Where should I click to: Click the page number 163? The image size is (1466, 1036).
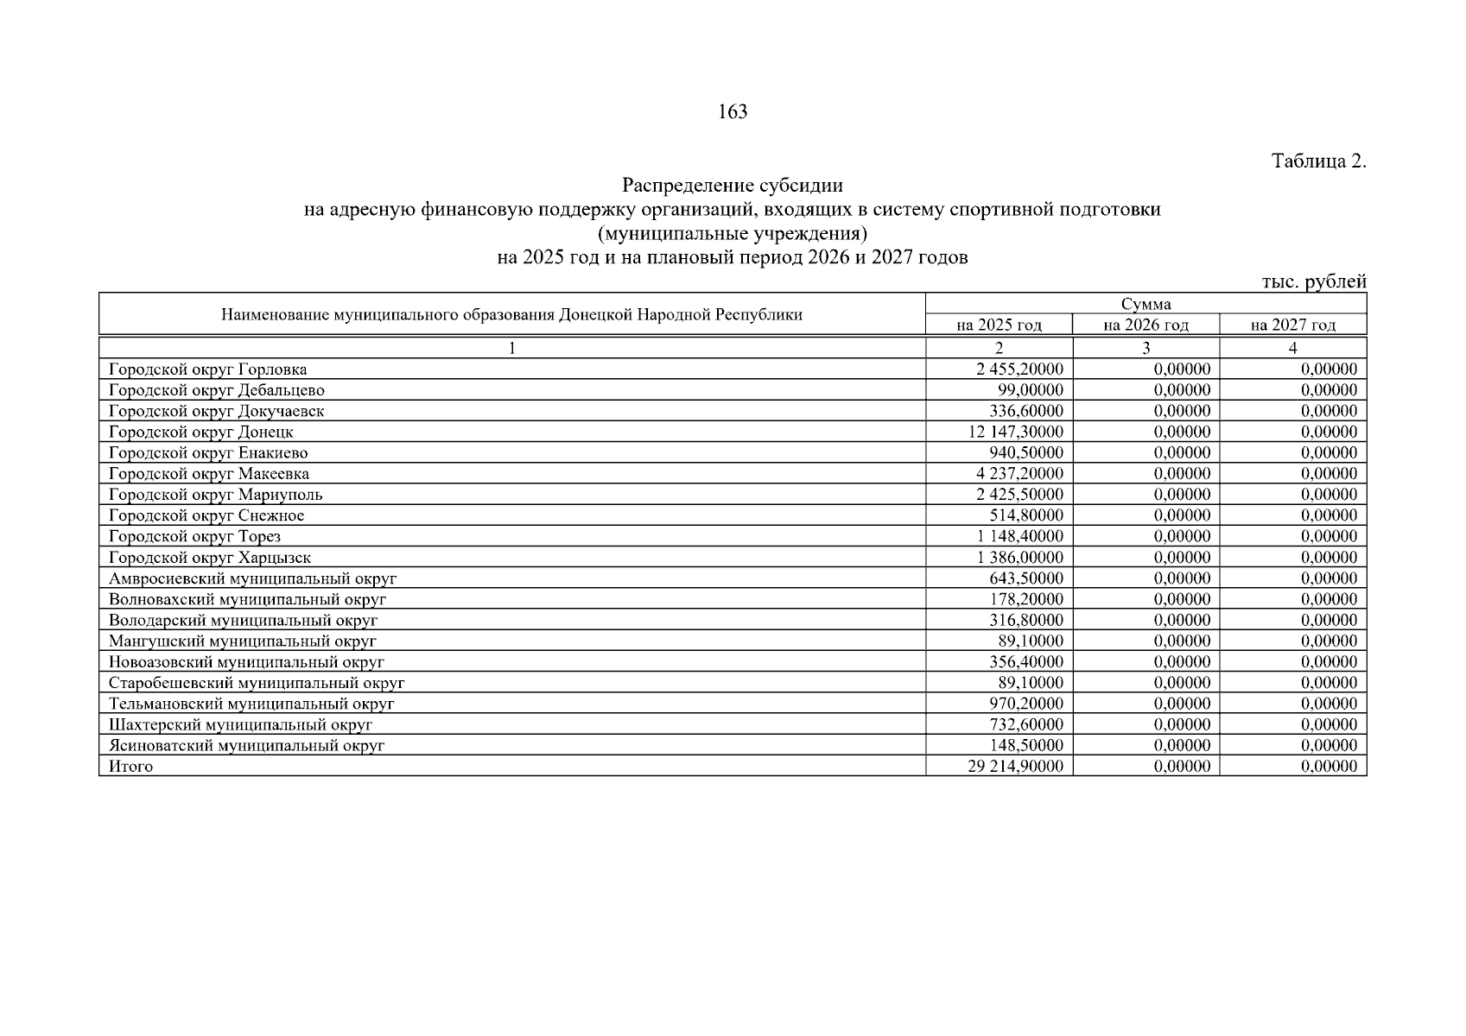tap(732, 111)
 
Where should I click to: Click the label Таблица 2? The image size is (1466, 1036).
tap(1318, 161)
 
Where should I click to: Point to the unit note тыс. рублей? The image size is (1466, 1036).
tap(1313, 281)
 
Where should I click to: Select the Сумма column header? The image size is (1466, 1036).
tap(1146, 304)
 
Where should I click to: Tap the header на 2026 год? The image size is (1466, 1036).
tap(1146, 325)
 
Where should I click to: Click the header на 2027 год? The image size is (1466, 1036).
tap(1292, 325)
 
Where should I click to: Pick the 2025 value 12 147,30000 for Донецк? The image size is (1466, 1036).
tap(1016, 432)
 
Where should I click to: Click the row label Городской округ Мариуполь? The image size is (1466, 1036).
tap(215, 495)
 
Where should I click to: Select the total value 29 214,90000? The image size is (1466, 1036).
tap(1016, 767)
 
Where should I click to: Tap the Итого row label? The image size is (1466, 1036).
tap(130, 767)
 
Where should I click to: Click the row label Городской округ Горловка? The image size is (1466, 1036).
tap(207, 370)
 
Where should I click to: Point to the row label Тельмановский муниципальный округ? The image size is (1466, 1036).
tap(251, 704)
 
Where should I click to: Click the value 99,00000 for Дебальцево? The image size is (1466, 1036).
tap(1030, 390)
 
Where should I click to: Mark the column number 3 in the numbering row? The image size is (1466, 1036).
tap(1146, 348)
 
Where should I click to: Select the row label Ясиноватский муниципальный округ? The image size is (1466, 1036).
tap(246, 745)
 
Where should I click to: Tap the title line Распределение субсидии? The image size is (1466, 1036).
tap(732, 186)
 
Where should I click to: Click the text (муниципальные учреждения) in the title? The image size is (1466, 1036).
tap(732, 233)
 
